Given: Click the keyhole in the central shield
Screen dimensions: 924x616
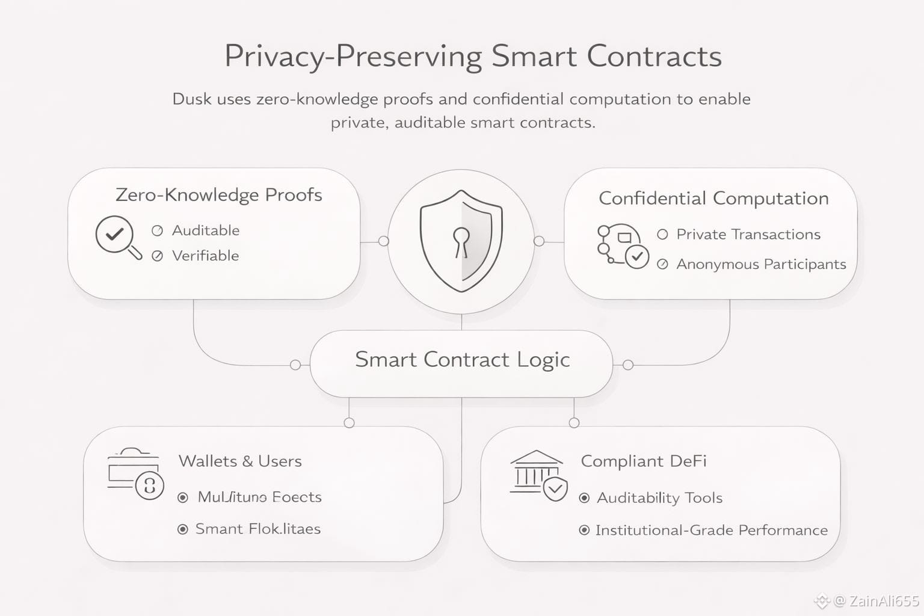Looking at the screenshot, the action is [x=461, y=240].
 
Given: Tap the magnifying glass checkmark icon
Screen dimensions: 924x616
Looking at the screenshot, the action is [x=117, y=236].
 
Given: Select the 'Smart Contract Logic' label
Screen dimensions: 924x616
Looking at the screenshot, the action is [x=462, y=360].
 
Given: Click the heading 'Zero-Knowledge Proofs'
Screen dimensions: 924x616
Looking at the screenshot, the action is [x=218, y=195].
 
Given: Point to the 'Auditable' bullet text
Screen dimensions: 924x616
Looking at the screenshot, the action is [x=206, y=230].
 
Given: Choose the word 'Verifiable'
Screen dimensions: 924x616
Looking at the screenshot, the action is [x=205, y=256].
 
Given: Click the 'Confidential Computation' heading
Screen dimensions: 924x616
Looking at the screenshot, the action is [x=713, y=199].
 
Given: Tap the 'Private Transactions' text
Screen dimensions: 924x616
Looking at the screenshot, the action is [x=748, y=235].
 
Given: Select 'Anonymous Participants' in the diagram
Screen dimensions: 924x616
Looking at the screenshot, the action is [x=761, y=264].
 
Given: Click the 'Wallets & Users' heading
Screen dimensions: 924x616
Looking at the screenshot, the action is [x=240, y=461].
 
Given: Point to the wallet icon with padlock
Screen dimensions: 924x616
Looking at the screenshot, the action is [x=135, y=473].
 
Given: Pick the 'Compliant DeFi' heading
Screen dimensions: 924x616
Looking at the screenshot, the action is [x=644, y=461].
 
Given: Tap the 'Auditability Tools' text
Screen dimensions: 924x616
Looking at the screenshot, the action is [x=659, y=498].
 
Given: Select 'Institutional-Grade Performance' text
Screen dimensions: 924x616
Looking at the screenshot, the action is [x=711, y=531].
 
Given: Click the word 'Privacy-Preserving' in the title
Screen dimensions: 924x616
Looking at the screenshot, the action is [x=353, y=57].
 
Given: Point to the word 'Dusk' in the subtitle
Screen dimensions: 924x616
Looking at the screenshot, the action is [x=191, y=99].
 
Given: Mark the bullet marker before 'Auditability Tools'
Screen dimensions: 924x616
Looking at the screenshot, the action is [x=584, y=498].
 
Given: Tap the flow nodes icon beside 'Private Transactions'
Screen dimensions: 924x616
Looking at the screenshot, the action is [x=622, y=245].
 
